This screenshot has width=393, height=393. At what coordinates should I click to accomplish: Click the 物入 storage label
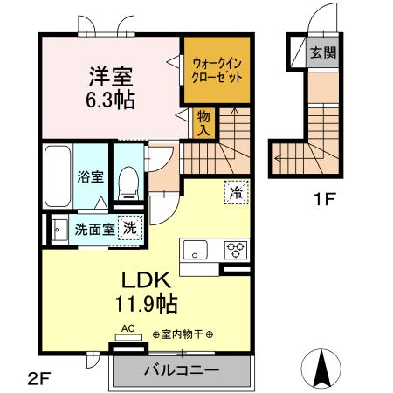coord(203,122)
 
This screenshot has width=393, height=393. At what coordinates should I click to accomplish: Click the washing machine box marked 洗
coord(128,227)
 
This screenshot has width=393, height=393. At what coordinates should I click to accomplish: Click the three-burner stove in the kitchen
coord(236,249)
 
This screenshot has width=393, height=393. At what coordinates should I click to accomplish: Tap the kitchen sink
coord(194,249)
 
